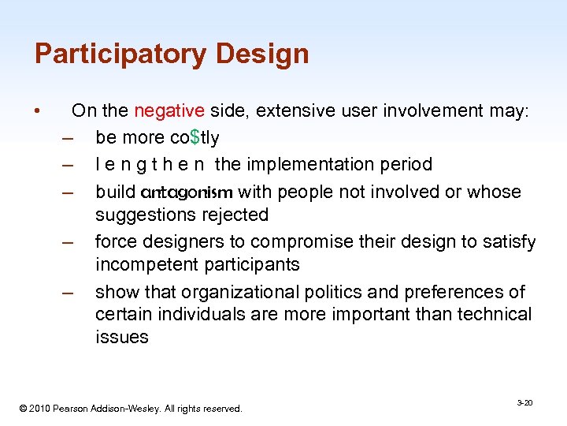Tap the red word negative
click(x=169, y=110)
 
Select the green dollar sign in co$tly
click(x=195, y=137)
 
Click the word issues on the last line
click(x=121, y=337)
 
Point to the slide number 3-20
click(x=524, y=402)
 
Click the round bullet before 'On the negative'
click(x=38, y=111)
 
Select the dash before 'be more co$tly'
click(x=67, y=138)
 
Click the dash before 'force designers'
click(x=67, y=242)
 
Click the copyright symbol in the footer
click(x=23, y=409)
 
